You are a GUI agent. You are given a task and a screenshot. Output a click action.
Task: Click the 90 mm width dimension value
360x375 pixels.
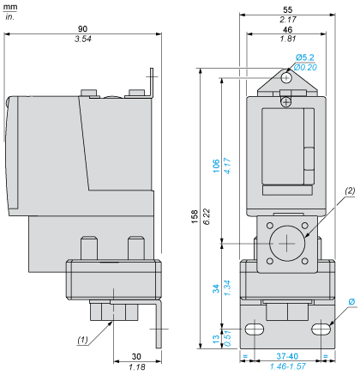[82, 28]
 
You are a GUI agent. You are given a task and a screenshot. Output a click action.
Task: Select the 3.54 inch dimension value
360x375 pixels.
[82, 39]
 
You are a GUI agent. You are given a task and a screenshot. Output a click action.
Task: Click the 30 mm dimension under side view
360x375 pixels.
[135, 357]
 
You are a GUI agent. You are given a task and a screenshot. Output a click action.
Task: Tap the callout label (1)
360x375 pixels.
[83, 341]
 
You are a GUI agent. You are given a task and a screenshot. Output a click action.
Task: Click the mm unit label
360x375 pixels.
[10, 6]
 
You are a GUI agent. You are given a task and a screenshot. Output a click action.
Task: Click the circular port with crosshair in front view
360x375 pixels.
[284, 243]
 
